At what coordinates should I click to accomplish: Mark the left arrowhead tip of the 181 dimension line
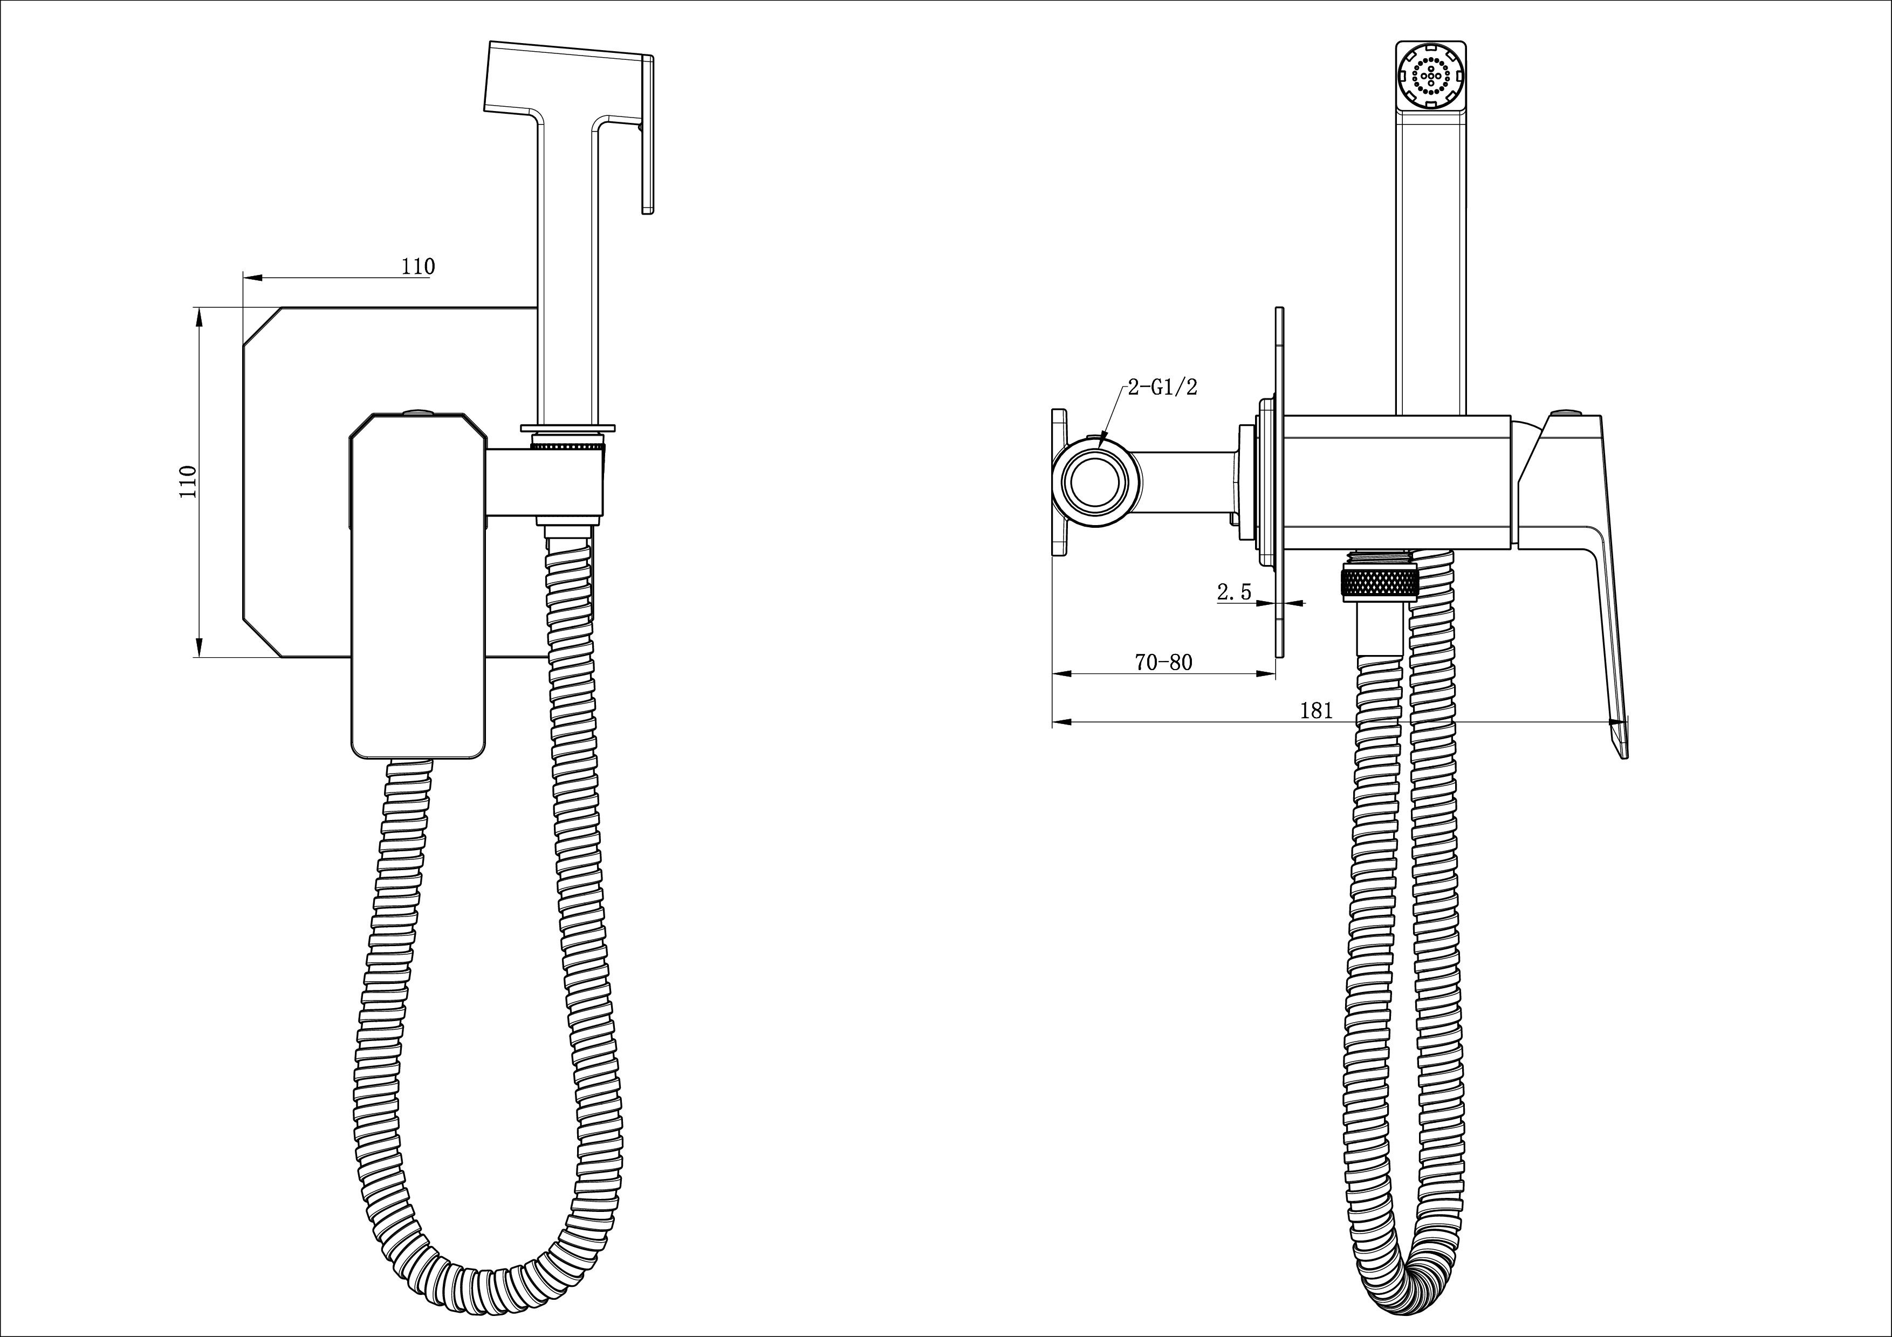(1054, 722)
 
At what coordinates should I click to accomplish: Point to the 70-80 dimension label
(1163, 661)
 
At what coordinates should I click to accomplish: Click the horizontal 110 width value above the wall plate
(418, 267)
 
